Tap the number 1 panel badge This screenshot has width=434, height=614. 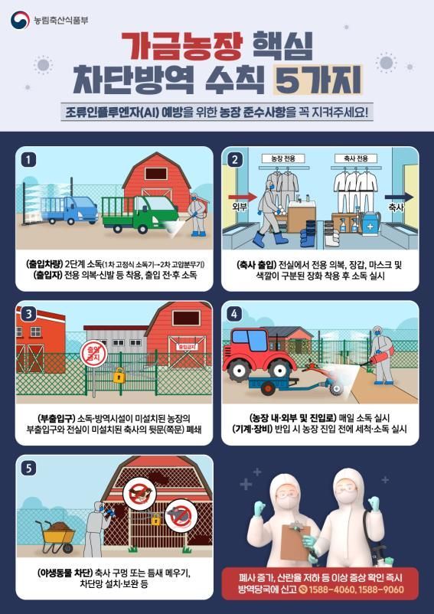click(29, 160)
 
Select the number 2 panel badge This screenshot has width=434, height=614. click(235, 160)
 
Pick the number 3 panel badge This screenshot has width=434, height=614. click(29, 314)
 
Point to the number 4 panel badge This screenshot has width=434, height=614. click(235, 314)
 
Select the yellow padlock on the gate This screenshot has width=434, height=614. click(119, 375)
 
